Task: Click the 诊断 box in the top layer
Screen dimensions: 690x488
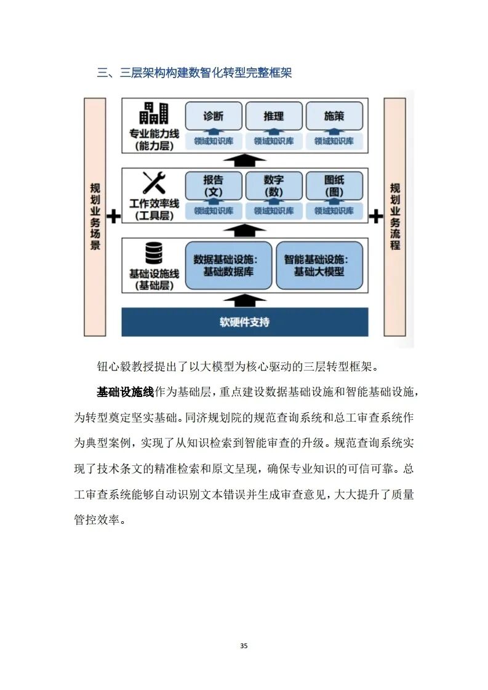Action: click(213, 116)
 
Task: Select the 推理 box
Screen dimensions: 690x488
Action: click(273, 116)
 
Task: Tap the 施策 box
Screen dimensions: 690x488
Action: click(334, 116)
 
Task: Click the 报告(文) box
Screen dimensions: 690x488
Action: click(213, 185)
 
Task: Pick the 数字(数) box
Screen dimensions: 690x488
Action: click(273, 185)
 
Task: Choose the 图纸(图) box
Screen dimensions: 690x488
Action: click(334, 185)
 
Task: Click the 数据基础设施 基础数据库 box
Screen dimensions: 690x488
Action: click(228, 265)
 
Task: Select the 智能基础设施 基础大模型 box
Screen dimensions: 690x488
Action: click(319, 265)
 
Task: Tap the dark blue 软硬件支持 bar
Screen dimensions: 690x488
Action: click(245, 322)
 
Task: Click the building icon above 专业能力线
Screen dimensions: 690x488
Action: click(154, 113)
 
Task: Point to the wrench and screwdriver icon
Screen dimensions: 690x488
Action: click(154, 183)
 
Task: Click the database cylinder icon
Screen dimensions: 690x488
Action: click(154, 253)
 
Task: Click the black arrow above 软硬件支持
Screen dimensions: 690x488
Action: click(245, 300)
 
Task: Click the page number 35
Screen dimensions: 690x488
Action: click(244, 646)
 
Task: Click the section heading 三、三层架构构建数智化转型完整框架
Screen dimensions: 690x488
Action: click(194, 73)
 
